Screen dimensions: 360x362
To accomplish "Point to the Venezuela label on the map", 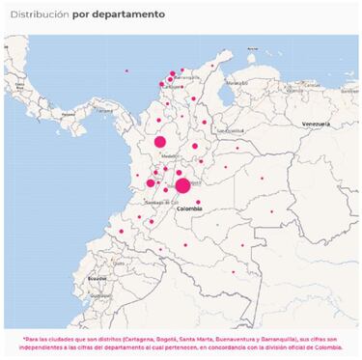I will pos(316,125).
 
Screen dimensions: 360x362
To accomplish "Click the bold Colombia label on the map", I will pos(188,208).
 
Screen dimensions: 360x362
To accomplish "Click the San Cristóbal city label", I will pos(232,129).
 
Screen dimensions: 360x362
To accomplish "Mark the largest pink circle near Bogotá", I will pos(182,185).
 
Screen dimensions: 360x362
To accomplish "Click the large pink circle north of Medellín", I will pos(160,142).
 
